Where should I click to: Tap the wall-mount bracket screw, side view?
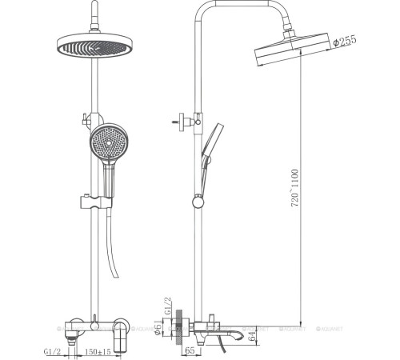tap(178, 120)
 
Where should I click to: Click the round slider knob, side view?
tap(196, 200)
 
